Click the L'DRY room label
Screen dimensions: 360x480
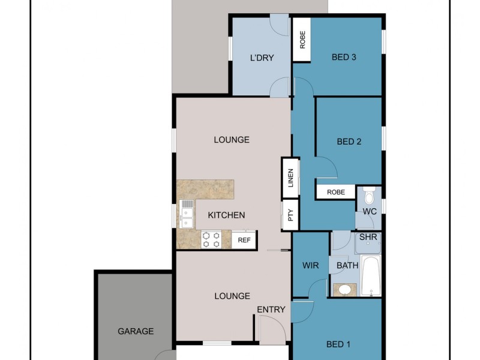point(262,58)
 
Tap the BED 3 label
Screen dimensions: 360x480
point(344,58)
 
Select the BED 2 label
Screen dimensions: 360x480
point(349,142)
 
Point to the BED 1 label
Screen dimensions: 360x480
point(339,344)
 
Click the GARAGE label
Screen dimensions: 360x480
point(136,331)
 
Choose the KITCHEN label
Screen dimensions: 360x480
point(226,215)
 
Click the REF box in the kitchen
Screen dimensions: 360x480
point(244,240)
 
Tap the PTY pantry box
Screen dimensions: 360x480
point(290,215)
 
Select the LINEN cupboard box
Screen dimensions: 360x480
point(290,178)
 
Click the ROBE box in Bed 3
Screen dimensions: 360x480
point(302,40)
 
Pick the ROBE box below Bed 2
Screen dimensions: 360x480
point(335,193)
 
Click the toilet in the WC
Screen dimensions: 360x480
point(369,196)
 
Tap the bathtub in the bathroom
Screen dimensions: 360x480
point(371,276)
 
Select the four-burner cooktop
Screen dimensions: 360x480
point(211,240)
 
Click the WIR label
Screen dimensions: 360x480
point(311,265)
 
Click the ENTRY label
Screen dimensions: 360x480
point(271,309)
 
